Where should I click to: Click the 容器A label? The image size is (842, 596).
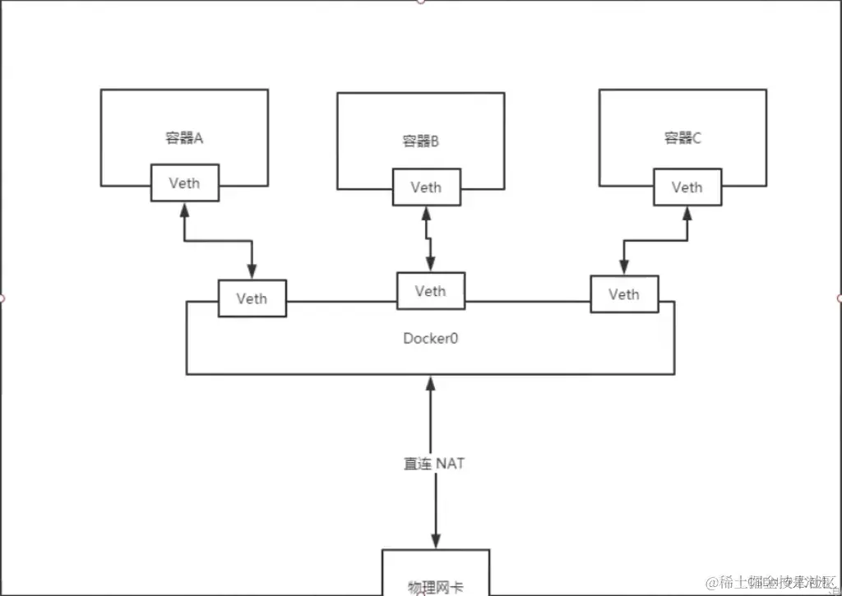point(184,137)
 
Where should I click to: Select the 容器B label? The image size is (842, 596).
point(421,141)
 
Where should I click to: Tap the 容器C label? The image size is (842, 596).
point(682,137)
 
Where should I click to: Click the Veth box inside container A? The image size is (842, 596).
point(185,182)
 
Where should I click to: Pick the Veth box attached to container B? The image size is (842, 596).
point(426,187)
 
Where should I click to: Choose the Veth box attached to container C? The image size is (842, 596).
point(687,187)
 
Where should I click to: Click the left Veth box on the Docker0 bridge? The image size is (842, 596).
point(252,298)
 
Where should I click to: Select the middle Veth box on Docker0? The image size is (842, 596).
point(430,291)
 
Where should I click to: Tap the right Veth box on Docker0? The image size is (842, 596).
point(624,294)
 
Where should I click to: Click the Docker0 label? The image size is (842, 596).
point(430,338)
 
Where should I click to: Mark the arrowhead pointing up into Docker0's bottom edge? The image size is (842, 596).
point(430,382)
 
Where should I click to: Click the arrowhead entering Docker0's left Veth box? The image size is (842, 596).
point(252,272)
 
